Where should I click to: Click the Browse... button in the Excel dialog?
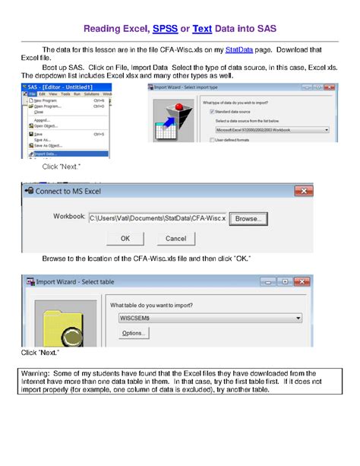click(x=247, y=219)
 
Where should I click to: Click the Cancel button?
click(x=175, y=238)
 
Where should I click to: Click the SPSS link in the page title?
click(x=165, y=29)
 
